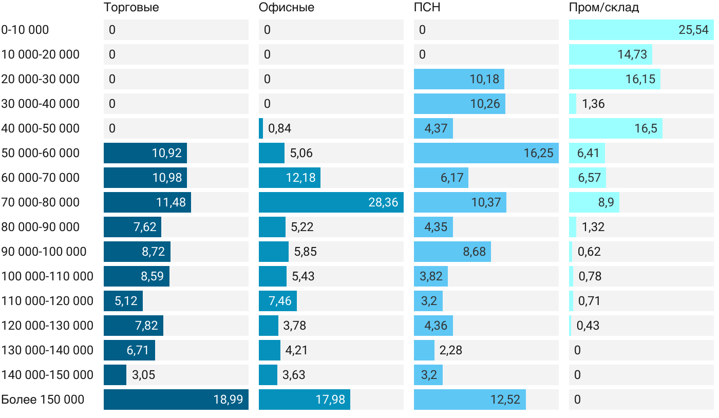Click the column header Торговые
click(131, 7)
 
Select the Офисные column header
click(287, 7)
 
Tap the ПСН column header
click(427, 7)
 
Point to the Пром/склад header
click(604, 7)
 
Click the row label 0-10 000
click(25, 30)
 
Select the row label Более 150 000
click(43, 400)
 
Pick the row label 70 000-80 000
click(41, 202)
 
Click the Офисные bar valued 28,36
click(331, 202)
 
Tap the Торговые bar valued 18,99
click(176, 400)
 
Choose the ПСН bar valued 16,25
click(486, 153)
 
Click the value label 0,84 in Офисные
click(280, 128)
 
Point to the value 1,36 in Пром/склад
click(593, 104)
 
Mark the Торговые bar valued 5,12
click(123, 301)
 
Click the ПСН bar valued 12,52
click(469, 400)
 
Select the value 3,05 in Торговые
click(143, 375)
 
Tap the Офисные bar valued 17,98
click(304, 400)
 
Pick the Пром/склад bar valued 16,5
click(615, 128)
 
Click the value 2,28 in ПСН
click(451, 350)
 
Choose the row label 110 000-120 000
click(47, 301)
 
